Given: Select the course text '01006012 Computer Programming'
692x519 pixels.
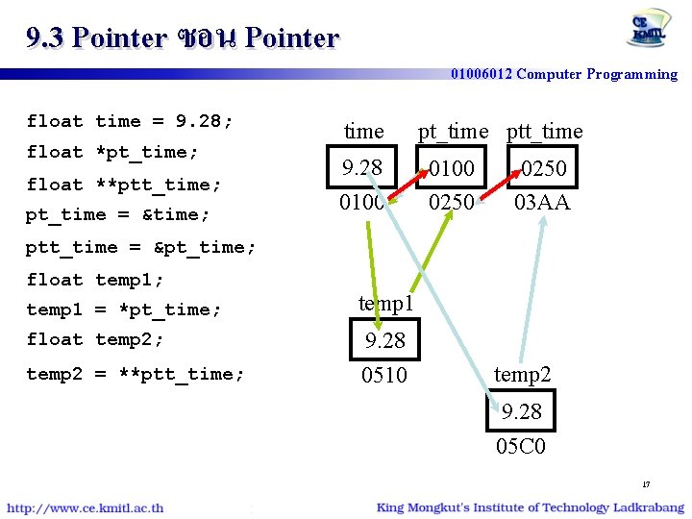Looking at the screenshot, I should click(564, 74).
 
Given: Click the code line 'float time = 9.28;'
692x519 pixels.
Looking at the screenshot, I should click(130, 121).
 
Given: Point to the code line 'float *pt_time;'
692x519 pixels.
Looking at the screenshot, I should click(112, 152).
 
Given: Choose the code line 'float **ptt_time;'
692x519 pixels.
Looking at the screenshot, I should click(124, 185).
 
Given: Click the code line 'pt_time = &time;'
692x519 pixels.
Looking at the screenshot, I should click(117, 214).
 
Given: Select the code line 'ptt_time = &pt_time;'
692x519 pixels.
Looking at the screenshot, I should click(140, 247).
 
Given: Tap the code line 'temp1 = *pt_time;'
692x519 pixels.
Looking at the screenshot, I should click(124, 309).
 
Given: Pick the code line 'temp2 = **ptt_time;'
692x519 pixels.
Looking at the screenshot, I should click(136, 374).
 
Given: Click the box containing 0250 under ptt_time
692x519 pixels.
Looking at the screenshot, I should click(543, 169).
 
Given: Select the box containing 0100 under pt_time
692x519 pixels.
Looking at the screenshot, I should click(451, 169).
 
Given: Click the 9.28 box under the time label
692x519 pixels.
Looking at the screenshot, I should click(362, 168).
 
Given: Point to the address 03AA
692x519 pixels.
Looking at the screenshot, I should click(542, 203).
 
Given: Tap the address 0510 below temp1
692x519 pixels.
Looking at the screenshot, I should click(383, 375).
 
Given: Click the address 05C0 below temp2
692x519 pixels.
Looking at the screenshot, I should click(522, 446).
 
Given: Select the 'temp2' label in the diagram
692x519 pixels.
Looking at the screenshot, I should click(522, 375).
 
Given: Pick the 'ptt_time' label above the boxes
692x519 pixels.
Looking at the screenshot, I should click(544, 132).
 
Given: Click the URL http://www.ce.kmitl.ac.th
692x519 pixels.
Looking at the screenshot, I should click(86, 507).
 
